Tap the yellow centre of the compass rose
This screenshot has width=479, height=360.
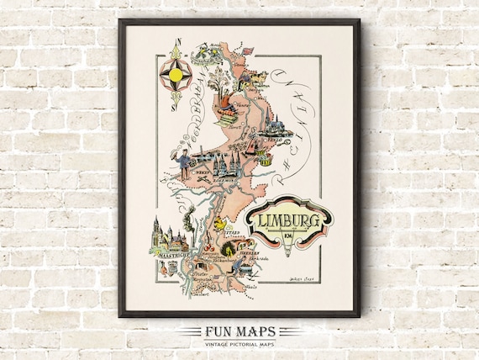click(x=176, y=75)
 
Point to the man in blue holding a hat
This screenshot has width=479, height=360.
click(x=184, y=163)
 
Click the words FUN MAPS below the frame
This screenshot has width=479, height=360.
click(x=239, y=330)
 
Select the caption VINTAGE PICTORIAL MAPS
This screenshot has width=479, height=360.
click(x=239, y=343)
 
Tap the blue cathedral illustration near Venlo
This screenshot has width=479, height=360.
click(x=273, y=124)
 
